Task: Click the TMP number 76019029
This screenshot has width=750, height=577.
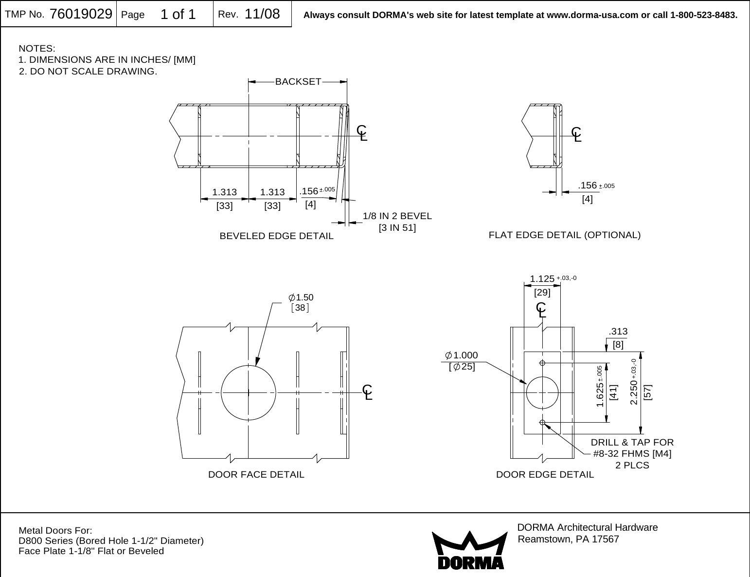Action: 81,14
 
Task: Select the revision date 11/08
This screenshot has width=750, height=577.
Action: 262,14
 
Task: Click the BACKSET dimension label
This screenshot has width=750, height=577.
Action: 298,82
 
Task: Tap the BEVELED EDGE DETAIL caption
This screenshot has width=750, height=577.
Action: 276,236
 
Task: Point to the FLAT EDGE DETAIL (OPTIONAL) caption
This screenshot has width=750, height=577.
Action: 564,235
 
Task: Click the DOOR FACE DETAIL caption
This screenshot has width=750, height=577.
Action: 256,474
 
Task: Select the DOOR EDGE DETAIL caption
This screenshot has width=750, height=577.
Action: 545,474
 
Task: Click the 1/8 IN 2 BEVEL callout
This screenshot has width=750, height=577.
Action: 397,216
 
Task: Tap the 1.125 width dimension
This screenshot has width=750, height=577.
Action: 542,279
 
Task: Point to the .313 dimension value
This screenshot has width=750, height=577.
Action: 618,332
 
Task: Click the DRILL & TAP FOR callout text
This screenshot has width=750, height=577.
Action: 632,443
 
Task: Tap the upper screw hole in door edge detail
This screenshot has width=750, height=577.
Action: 542,363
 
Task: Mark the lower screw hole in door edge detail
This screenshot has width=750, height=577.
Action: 542,422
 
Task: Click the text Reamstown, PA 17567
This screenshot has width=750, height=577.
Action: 569,540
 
